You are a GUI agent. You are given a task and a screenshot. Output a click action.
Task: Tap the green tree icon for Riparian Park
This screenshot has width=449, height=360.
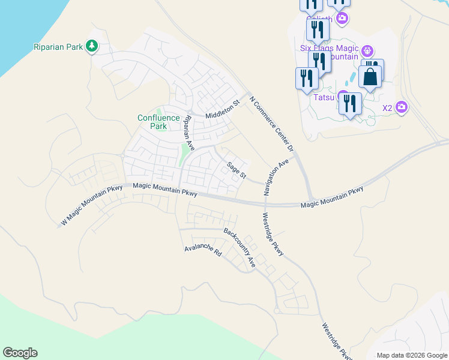(x=92, y=46)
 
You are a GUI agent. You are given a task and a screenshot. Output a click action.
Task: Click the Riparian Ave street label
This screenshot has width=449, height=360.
(x=188, y=133)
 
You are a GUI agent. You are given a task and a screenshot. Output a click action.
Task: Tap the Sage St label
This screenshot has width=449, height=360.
(x=237, y=170)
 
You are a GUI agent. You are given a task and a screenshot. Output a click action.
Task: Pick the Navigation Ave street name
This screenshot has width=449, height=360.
(x=276, y=177)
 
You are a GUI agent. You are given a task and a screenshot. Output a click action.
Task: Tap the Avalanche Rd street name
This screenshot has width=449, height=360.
(x=203, y=251)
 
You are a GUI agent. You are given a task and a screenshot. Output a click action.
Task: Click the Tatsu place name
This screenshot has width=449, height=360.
(x=324, y=97)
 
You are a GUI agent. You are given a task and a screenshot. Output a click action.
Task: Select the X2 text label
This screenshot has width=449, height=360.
(x=387, y=108)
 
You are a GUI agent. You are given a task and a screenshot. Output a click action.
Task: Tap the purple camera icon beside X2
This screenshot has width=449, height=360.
(x=402, y=107)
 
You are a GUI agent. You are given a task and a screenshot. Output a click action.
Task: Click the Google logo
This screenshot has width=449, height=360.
(x=20, y=353)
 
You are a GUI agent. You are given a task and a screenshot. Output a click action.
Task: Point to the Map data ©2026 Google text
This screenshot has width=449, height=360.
(x=412, y=355)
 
